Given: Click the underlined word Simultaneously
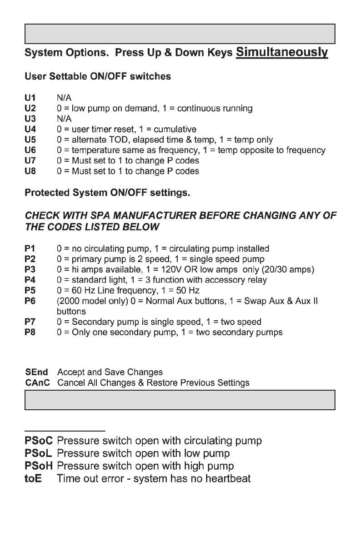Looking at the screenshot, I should click(x=282, y=52).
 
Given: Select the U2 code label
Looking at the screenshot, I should click(x=30, y=109).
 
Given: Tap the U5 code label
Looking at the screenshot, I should click(x=30, y=140).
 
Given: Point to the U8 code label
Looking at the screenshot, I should click(x=30, y=171).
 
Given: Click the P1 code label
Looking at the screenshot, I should click(x=30, y=248).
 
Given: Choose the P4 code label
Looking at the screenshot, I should click(x=30, y=280).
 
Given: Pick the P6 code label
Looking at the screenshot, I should click(x=30, y=301).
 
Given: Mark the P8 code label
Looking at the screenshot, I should click(x=30, y=332).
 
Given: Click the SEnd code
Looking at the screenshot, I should click(x=37, y=372).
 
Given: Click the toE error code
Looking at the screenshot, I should click(x=33, y=479).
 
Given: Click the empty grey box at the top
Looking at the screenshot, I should click(x=180, y=34).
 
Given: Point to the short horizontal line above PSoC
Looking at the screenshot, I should click(x=65, y=430).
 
